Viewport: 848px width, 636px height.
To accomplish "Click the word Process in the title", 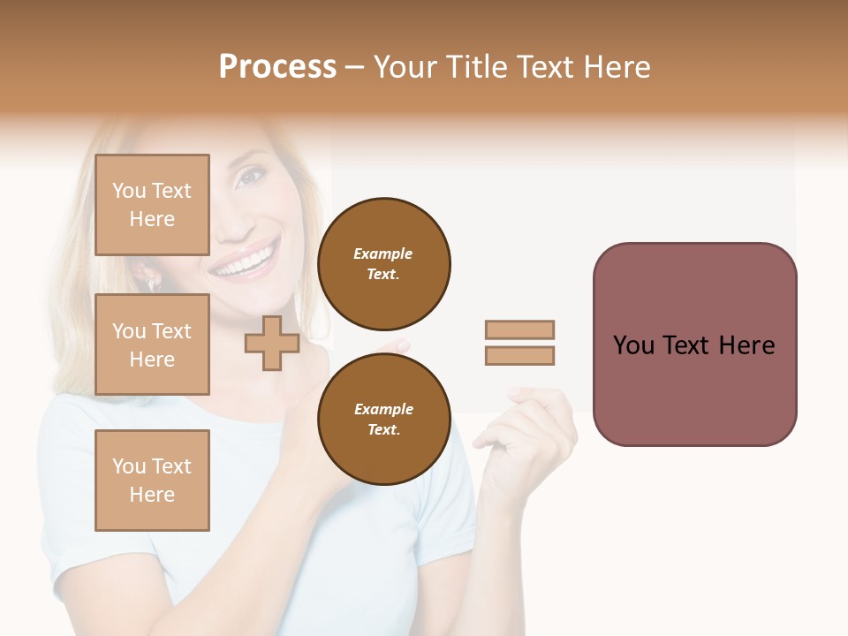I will pyautogui.click(x=277, y=67).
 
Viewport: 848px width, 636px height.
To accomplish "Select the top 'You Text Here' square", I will pyautogui.click(x=152, y=205).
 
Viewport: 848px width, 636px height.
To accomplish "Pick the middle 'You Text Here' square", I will pyautogui.click(x=152, y=344).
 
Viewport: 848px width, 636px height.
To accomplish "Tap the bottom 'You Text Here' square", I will pyautogui.click(x=152, y=481).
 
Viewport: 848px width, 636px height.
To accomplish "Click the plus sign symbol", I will pyautogui.click(x=271, y=343).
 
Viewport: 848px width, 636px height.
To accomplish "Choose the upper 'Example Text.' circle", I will pyautogui.click(x=383, y=264).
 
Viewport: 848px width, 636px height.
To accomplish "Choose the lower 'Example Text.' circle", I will pyautogui.click(x=383, y=420).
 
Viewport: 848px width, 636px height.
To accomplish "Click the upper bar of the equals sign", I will pyautogui.click(x=519, y=329).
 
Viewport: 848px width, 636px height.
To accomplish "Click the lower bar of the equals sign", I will pyautogui.click(x=519, y=356).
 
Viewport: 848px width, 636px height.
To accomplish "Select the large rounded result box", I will pyautogui.click(x=694, y=344).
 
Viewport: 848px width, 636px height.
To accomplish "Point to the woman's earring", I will pyautogui.click(x=151, y=284).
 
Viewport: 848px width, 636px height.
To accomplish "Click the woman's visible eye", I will pyautogui.click(x=250, y=177).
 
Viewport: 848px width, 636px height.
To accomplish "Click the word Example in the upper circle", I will pyautogui.click(x=383, y=254).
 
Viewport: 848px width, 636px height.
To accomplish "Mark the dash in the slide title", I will pyautogui.click(x=354, y=67).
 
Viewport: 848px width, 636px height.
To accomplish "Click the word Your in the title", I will pyautogui.click(x=405, y=67).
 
